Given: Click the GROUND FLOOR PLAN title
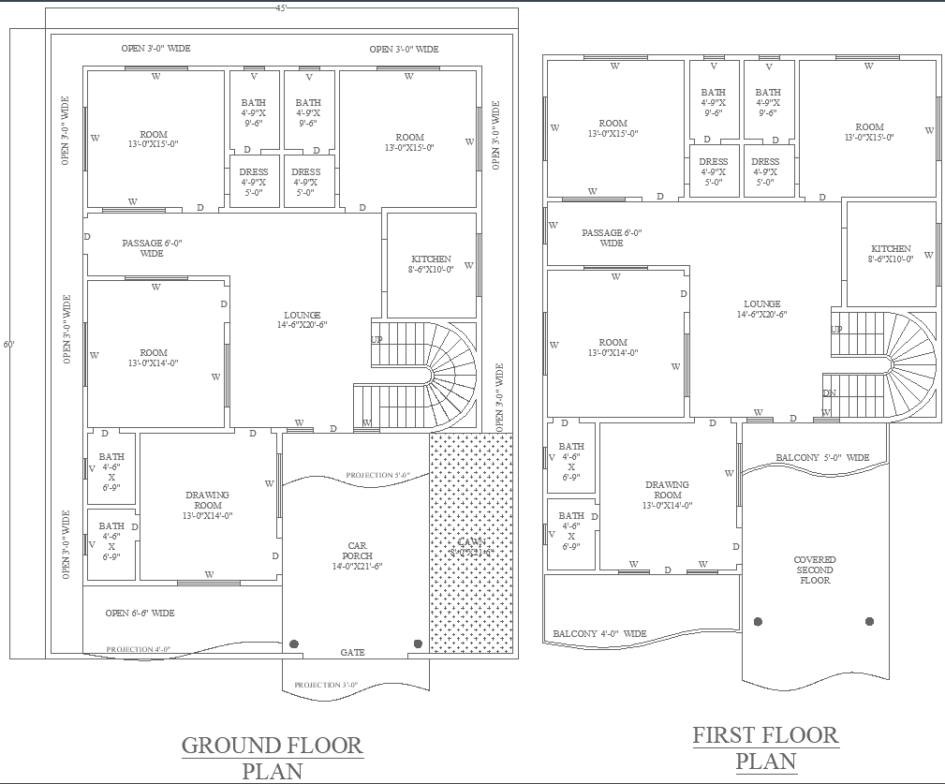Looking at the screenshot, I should point(272,758).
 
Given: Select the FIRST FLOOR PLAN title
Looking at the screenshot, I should point(765,747).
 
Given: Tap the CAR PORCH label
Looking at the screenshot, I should point(357,555).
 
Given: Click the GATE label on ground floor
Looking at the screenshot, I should point(353,652).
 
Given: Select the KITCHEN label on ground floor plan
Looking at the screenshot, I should point(431,264).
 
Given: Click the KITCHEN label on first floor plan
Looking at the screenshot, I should point(890,254).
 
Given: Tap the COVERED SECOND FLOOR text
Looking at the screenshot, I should point(815,570).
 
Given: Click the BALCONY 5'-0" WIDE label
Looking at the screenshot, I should point(822,458).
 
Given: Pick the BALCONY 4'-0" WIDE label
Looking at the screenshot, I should point(599,634).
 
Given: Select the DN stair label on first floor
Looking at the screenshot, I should point(829,392).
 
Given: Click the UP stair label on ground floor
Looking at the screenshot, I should point(377,339).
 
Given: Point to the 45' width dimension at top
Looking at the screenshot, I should point(281,7).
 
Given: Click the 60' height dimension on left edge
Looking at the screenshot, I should point(8,344).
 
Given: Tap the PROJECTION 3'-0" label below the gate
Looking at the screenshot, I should point(326,686).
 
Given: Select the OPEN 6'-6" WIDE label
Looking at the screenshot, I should point(140,614).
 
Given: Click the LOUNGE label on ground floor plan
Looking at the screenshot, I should point(303,319).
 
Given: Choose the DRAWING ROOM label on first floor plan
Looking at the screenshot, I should point(668,495).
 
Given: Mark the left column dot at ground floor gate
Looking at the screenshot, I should point(294,643).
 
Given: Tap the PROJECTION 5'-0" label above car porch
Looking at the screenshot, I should point(377,476).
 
